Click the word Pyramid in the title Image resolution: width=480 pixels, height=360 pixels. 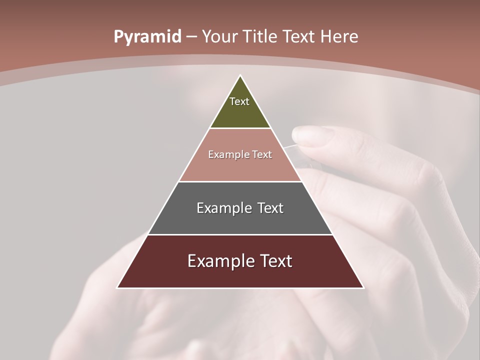click(x=147, y=37)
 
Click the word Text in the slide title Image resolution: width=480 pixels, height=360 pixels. click(x=299, y=37)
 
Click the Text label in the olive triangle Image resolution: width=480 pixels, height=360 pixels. click(x=239, y=101)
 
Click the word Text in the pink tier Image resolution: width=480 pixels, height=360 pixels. click(x=262, y=154)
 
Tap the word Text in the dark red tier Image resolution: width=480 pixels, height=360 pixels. click(x=275, y=261)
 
